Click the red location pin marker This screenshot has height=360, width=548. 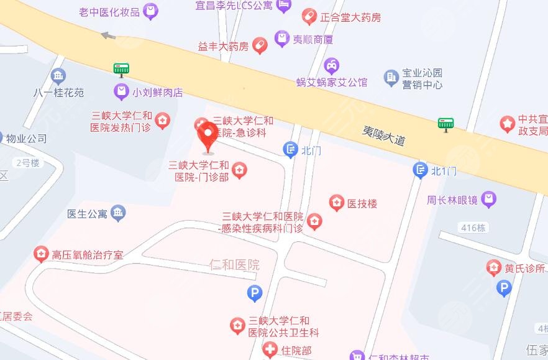pos(208,136)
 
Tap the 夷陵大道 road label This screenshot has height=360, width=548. pos(383,136)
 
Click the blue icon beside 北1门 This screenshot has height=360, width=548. pos(421,170)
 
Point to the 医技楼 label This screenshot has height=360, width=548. pos(362,203)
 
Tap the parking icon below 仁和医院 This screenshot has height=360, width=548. pos(254,292)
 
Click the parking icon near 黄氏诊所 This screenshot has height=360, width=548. pos(504,288)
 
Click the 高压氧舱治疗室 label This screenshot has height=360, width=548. pos(88,254)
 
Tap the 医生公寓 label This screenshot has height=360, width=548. pos(87,213)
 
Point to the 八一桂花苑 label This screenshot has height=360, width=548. pos(58,93)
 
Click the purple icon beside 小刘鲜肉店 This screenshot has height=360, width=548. pos(121,92)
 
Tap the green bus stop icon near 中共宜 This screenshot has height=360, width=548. pos(445,124)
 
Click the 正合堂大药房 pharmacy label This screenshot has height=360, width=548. pos(350,17)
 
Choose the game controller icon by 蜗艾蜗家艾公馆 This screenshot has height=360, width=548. pos(332,64)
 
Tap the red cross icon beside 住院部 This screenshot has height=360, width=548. pos(270,351)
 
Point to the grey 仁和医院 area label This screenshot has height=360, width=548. pos(235,265)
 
